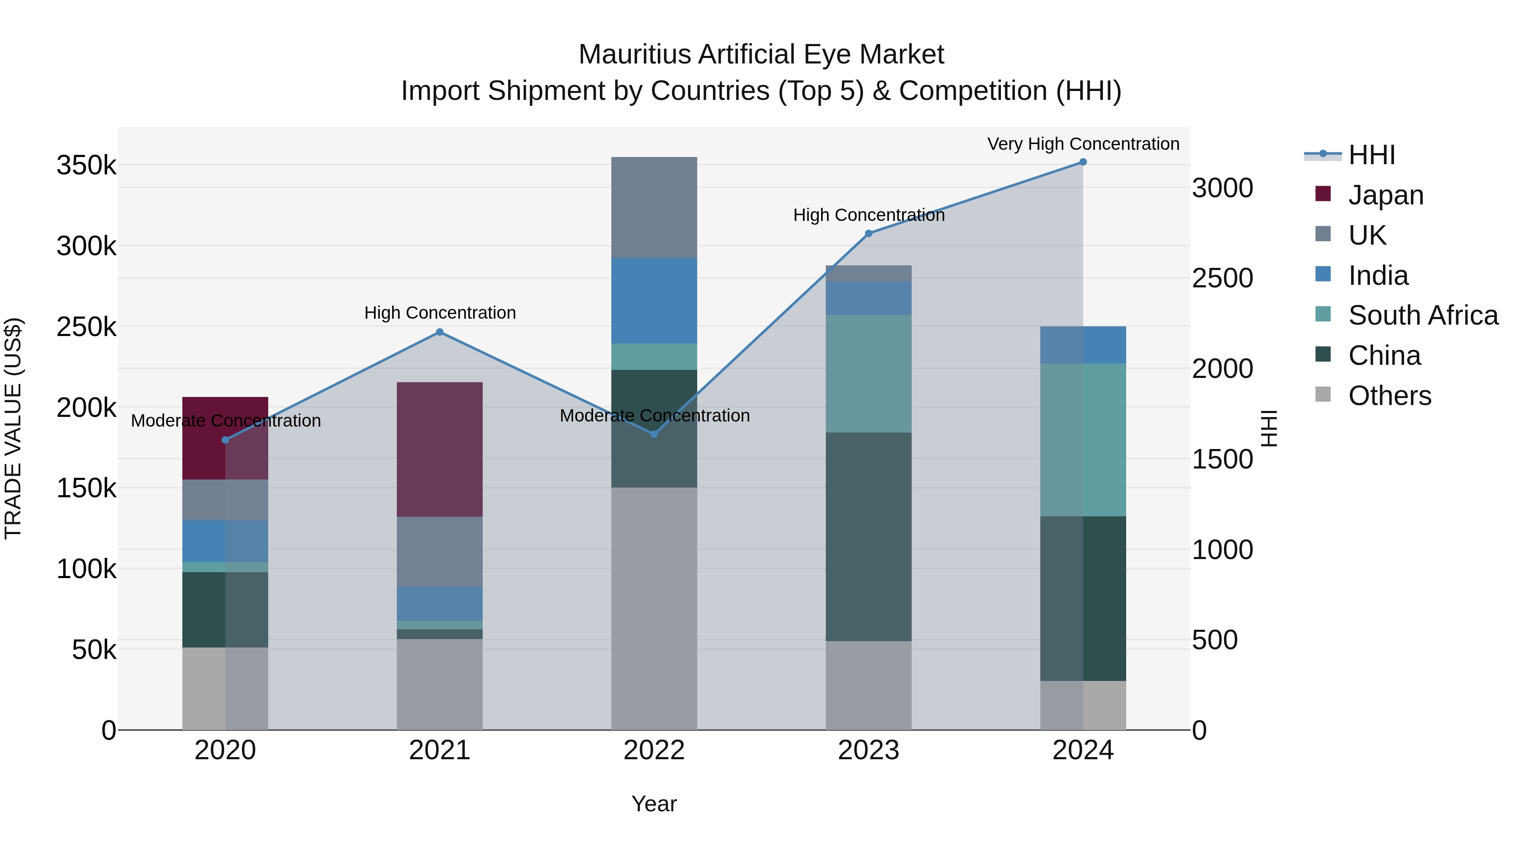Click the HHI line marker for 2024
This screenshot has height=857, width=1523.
(1083, 162)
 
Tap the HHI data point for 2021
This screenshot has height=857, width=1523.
(439, 332)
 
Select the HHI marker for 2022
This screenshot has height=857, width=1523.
(654, 434)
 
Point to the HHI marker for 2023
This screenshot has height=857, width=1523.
(869, 234)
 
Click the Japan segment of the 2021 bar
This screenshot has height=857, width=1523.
(439, 449)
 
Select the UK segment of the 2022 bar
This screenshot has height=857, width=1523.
(654, 207)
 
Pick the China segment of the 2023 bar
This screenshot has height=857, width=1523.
(869, 537)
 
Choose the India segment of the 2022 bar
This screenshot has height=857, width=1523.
(654, 300)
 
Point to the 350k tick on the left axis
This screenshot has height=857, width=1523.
(86, 165)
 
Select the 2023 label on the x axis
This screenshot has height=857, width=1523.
(869, 750)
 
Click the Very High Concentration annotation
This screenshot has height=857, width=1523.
(1083, 144)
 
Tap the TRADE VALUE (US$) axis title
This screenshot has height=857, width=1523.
(13, 428)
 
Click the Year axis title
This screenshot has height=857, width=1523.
(654, 804)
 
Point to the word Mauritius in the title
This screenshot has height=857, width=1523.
(635, 55)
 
